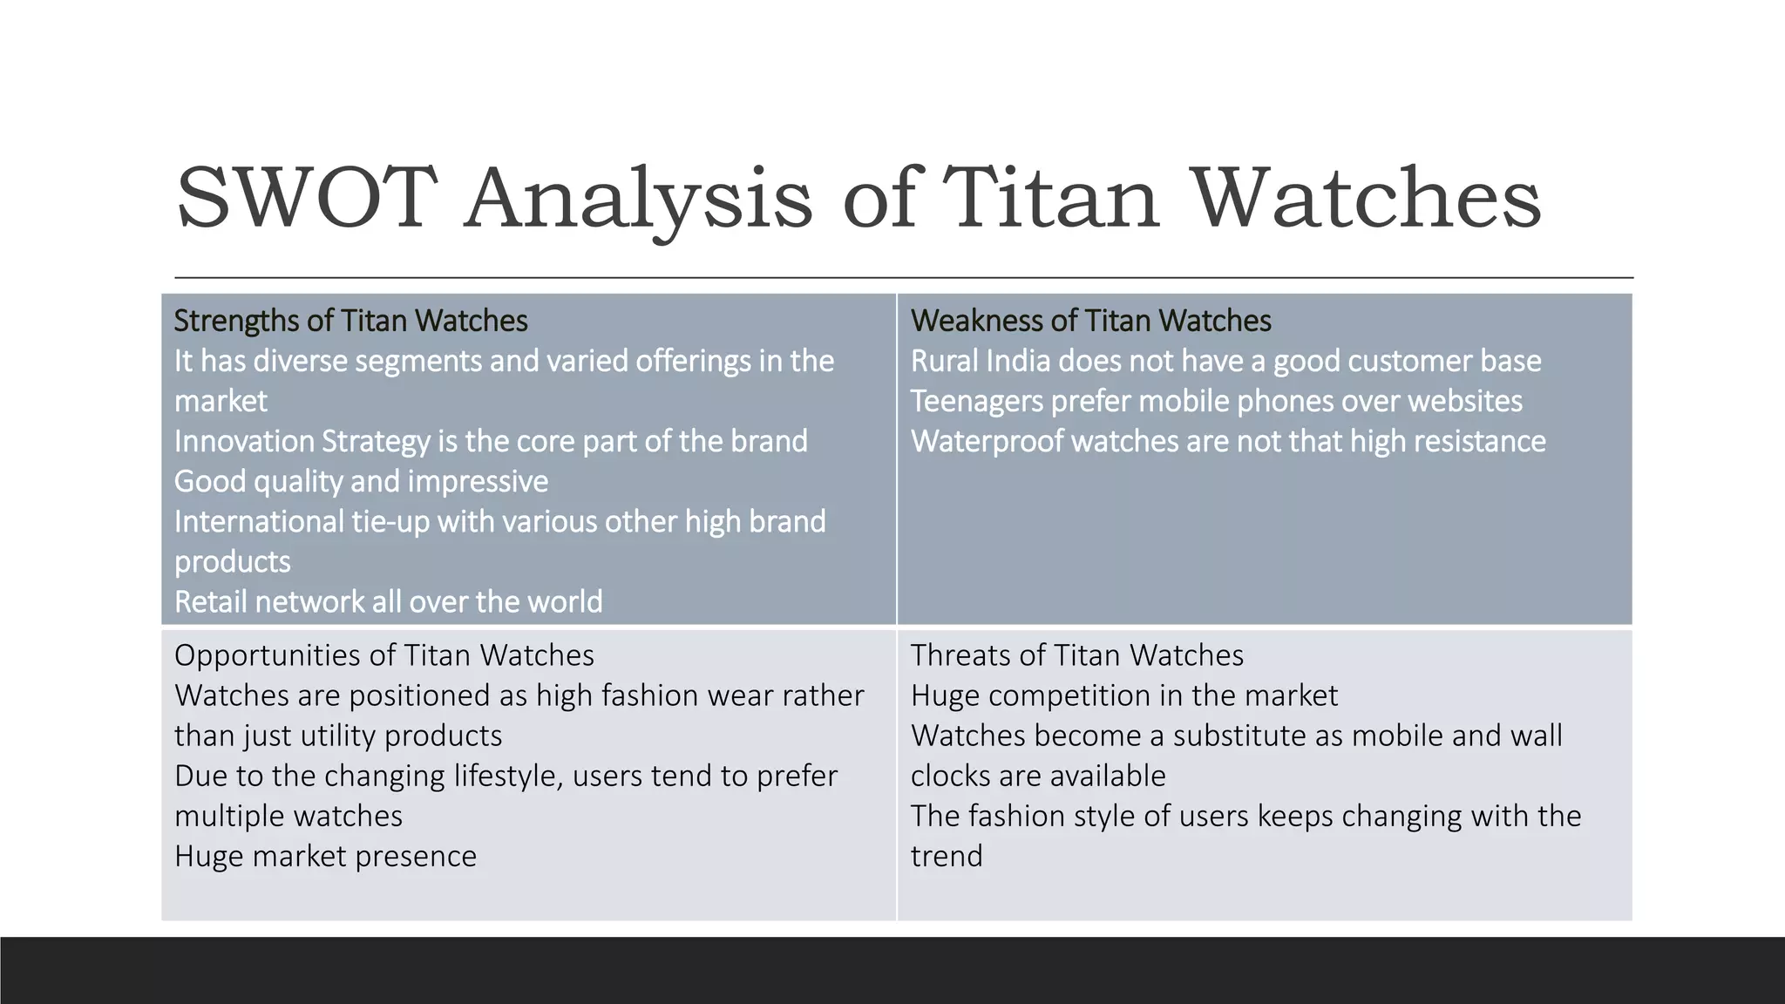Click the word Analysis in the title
click(x=638, y=199)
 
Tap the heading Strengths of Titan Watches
click(x=350, y=321)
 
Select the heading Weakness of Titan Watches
click(x=1090, y=321)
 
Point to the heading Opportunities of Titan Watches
click(x=383, y=655)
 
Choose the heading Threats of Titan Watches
click(x=1076, y=655)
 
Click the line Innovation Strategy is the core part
click(x=490, y=441)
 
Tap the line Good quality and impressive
click(x=361, y=481)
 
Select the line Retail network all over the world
click(x=388, y=601)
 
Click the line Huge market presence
click(x=325, y=856)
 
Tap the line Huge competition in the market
click(x=1123, y=695)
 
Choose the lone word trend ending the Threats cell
click(x=947, y=856)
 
